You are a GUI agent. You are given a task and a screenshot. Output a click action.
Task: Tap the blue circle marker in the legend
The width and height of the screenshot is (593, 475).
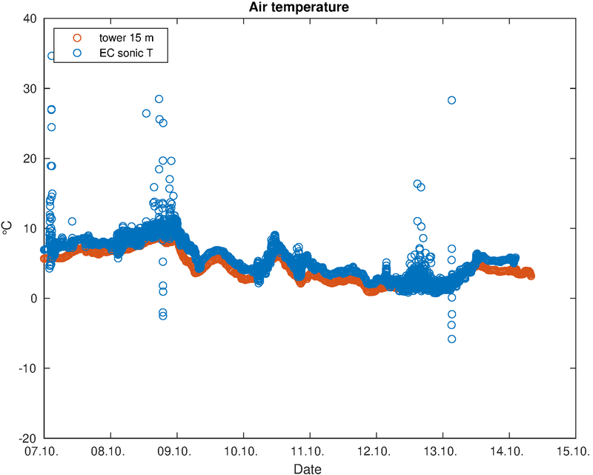76,53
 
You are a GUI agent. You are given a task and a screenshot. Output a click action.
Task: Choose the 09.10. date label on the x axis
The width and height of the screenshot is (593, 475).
178,451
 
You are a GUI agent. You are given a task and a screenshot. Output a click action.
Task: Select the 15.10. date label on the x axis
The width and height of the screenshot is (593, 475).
575,451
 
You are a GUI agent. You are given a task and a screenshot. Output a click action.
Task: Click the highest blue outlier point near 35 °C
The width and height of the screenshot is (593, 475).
52,56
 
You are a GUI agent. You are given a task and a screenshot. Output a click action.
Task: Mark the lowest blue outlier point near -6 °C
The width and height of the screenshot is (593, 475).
451,339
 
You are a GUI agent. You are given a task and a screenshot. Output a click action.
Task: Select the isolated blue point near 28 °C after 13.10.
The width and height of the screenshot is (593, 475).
451,100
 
